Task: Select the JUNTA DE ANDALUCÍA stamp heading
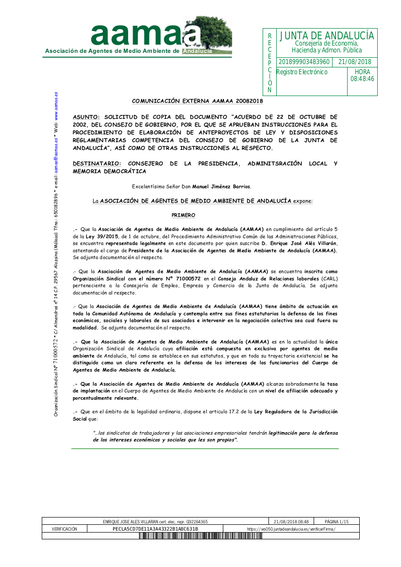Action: pyautogui.click(x=327, y=36)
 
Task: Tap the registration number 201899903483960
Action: pyautogui.click(x=304, y=62)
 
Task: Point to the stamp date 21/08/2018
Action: pyautogui.click(x=355, y=62)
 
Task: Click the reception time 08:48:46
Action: pyautogui.click(x=362, y=79)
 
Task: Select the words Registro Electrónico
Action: pyautogui.click(x=302, y=72)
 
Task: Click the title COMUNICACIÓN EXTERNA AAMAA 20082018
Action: pyautogui.click(x=198, y=101)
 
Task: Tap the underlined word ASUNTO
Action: pyautogui.click(x=86, y=117)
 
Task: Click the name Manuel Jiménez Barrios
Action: pyautogui.click(x=221, y=186)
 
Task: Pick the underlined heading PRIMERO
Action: pyautogui.click(x=184, y=214)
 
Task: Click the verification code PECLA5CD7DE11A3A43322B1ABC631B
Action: pyautogui.click(x=155, y=529)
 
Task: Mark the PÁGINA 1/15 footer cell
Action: pyautogui.click(x=337, y=521)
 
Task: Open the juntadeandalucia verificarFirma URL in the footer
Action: pyautogui.click(x=291, y=529)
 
